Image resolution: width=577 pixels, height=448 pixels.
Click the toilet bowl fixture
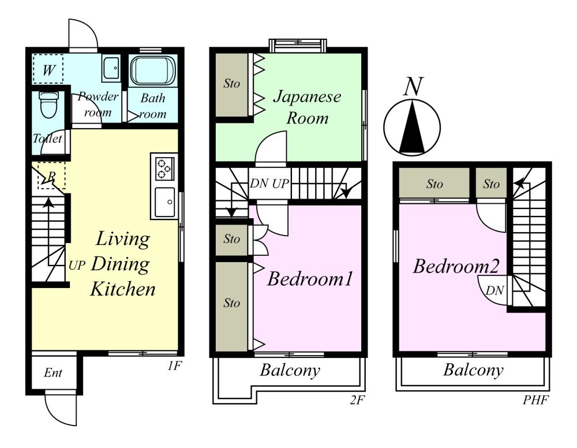(47, 105)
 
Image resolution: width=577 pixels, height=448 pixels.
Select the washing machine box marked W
(48, 69)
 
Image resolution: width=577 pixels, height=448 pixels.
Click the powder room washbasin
(111, 69)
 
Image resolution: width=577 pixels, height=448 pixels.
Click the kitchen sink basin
(164, 202)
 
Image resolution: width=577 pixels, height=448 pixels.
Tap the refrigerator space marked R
(51, 176)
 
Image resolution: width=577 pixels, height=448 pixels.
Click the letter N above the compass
(413, 87)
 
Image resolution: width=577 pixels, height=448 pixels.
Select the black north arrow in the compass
(412, 128)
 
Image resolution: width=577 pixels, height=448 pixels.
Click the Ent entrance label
(53, 373)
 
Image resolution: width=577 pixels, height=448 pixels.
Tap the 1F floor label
(174, 366)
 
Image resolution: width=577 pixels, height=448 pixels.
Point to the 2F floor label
(357, 400)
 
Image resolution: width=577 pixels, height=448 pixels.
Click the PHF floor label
(536, 400)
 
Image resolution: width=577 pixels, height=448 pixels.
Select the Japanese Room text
(307, 107)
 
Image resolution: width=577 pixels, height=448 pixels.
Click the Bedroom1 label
(310, 279)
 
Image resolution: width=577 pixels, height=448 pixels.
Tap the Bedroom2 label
(456, 266)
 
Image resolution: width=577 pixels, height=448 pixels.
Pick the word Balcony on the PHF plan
(473, 370)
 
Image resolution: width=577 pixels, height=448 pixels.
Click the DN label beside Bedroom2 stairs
(494, 291)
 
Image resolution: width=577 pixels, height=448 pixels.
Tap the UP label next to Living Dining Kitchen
(77, 266)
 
